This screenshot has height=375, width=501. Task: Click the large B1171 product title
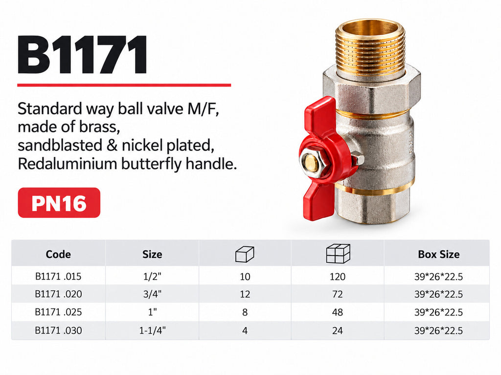pos(82,54)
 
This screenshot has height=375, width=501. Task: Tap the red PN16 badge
pos(59,203)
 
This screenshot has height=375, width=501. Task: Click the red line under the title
pos(124,85)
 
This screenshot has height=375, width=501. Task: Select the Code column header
pos(58,254)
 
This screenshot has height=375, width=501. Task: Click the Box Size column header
pos(439,254)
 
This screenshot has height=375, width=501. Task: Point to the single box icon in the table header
pos(245,254)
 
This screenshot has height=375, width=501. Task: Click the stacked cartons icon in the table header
pos(338,253)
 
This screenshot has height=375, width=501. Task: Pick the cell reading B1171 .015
pos(58,276)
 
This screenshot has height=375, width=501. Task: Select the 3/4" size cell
pos(153,294)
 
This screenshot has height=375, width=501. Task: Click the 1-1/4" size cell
pos(153,331)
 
